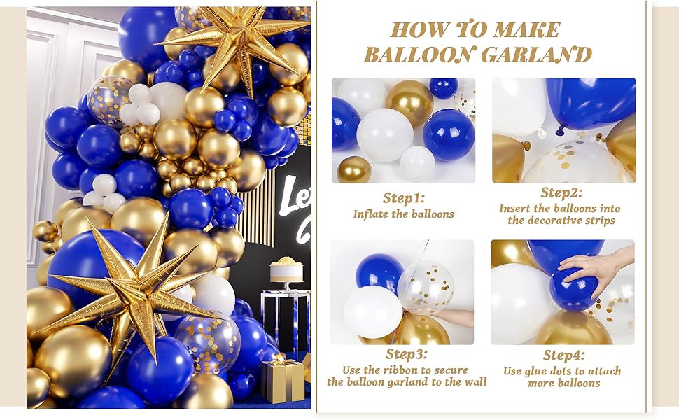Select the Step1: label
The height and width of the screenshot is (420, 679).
pos(404,198)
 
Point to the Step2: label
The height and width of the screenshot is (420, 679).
pos(561,192)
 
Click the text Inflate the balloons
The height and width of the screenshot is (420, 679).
pos(404,214)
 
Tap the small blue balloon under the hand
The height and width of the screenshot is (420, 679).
pos(574,290)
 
